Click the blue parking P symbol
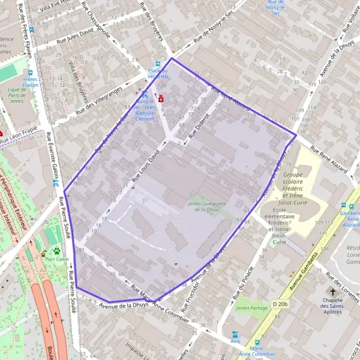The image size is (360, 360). point(144,201)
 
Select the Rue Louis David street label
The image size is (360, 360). point(147,166)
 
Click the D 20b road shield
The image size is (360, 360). point(280,304)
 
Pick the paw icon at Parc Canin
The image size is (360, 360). point(56,250)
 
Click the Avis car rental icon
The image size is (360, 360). point(235,334)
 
